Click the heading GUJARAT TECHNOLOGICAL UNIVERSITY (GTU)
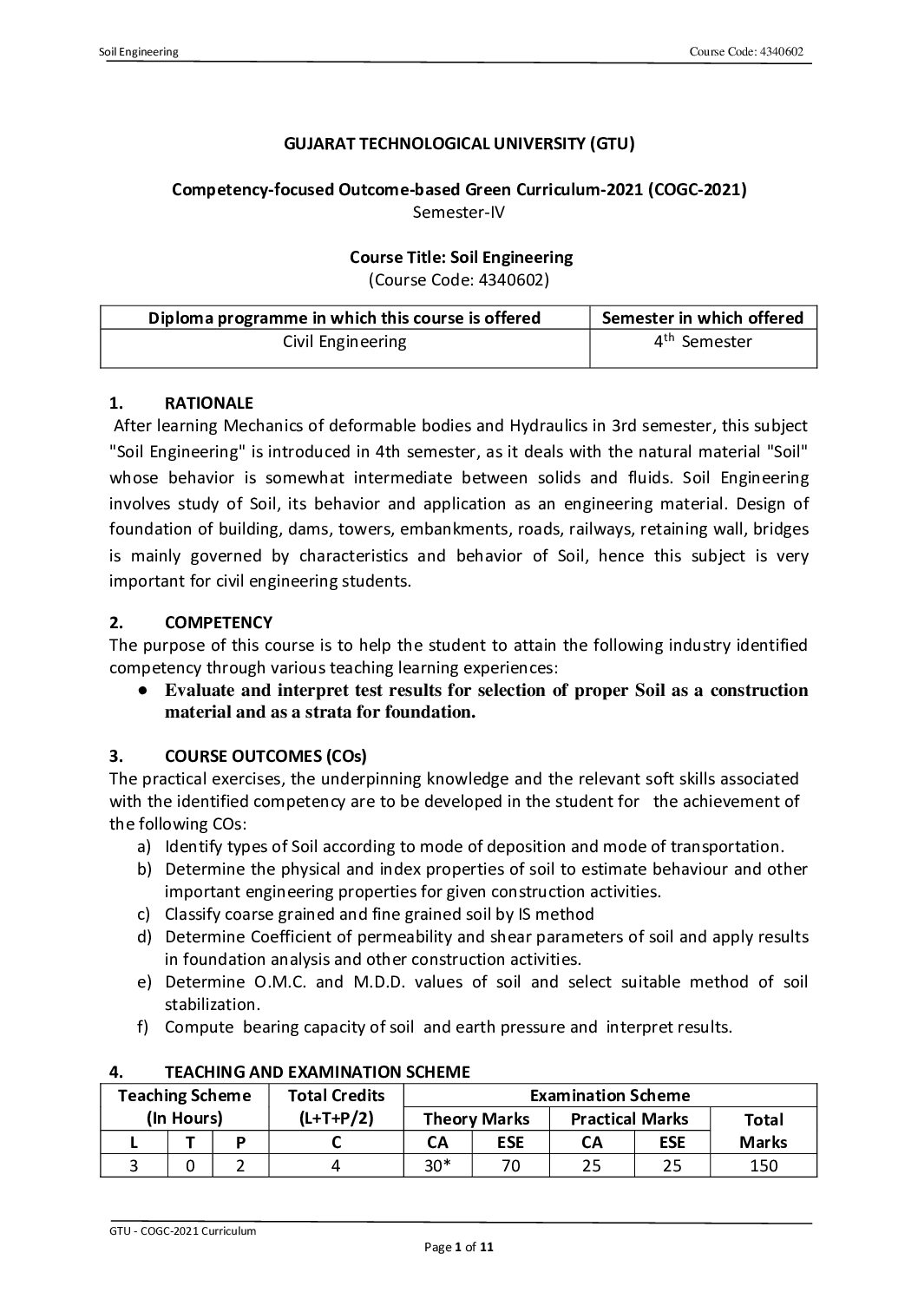coord(459,144)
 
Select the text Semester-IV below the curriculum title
coord(459,211)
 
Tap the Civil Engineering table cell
coord(344,342)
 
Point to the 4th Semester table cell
coord(703,342)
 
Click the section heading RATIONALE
coord(208,403)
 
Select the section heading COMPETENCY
coord(218,622)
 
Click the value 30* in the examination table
coord(438,1165)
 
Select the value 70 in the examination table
coord(510,1165)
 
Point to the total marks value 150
coord(764,1165)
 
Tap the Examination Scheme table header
coord(610,1095)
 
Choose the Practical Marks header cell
coord(629,1119)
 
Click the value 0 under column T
coord(190,1165)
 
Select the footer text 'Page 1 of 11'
coord(459,1248)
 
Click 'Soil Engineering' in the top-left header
coord(139,52)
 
